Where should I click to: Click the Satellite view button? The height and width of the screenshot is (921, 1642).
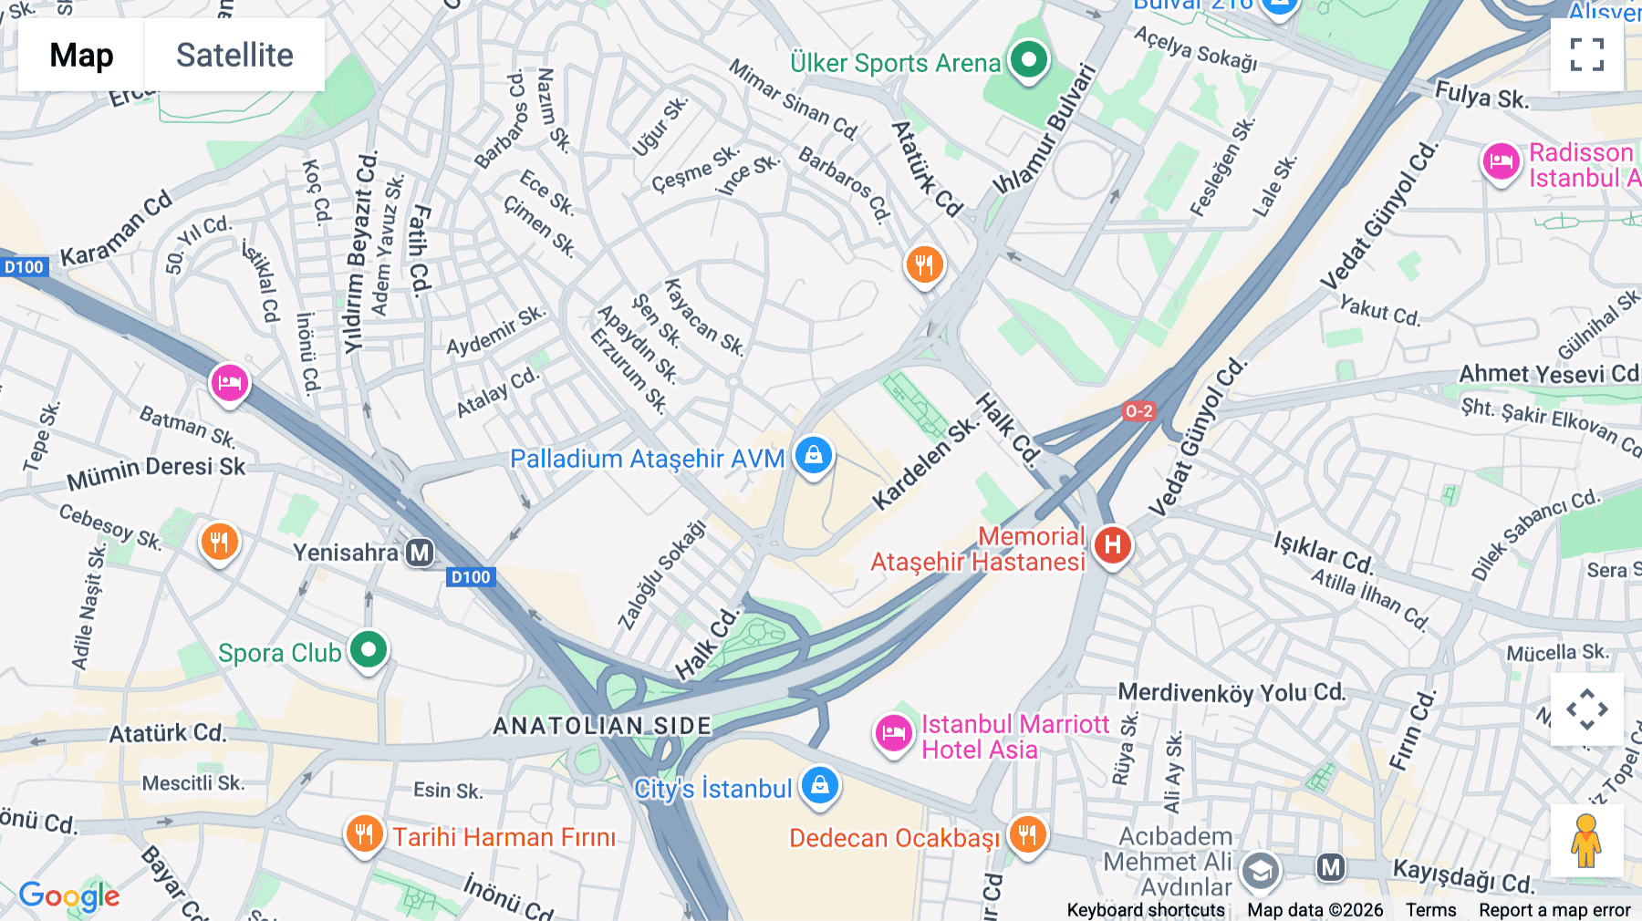234,55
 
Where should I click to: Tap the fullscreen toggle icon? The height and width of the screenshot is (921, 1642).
1586,55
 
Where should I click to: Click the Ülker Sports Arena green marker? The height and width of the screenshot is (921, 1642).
1029,61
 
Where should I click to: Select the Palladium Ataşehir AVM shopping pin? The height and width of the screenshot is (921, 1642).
813,454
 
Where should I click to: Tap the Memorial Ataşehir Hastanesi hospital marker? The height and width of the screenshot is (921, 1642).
1112,546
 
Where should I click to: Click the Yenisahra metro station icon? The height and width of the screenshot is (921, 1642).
420,553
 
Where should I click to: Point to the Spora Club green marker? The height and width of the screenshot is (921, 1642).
369,651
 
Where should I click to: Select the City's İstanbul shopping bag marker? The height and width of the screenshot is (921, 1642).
819,786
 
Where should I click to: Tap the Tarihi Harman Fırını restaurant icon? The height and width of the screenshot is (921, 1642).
364,834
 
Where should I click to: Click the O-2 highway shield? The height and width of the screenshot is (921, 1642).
1138,411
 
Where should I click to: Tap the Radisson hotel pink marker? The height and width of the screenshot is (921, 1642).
1501,163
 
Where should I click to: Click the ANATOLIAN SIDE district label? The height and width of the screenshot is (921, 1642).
602,726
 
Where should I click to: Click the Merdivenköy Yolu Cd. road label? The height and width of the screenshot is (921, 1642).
1231,693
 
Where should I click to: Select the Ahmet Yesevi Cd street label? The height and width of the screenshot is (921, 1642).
1548,374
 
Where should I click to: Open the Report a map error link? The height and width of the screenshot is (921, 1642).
1554,910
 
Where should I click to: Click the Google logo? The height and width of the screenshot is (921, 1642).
69,896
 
